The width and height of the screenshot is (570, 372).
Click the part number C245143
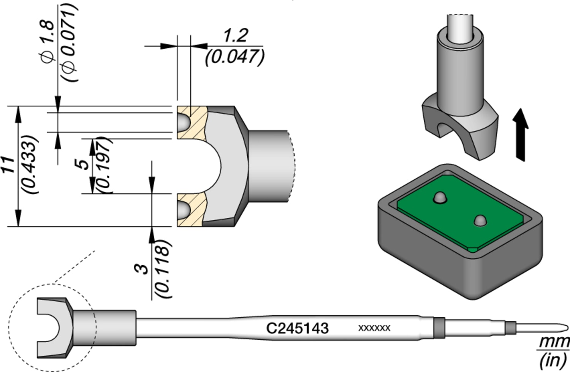pos(297,328)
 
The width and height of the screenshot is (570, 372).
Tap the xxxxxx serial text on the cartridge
pos(374,328)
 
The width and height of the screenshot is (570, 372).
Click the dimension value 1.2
pos(235,36)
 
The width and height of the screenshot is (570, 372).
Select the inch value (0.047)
pos(234,57)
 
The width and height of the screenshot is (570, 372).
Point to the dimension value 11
pos(8,165)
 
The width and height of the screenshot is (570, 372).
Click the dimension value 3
pos(142,268)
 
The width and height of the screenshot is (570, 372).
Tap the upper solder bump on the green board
pos(440,198)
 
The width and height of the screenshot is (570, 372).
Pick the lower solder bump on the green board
pos(480,220)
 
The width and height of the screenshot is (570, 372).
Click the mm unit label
pos(553,342)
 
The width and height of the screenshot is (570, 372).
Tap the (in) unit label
pos(553,359)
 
